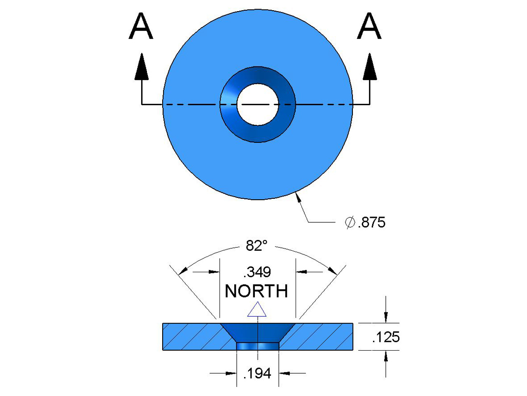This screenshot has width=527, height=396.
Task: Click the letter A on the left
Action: [141, 26]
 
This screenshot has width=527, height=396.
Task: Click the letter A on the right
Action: [369, 26]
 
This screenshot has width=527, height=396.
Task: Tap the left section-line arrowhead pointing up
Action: [142, 67]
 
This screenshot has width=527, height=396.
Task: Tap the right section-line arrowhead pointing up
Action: [370, 67]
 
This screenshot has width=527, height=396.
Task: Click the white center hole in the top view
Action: [257, 105]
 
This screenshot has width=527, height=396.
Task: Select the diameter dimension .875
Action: [371, 223]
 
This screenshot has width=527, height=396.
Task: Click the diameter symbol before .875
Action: [350, 223]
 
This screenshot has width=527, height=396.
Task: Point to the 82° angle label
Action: [257, 246]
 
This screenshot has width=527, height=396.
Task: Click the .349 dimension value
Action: [257, 272]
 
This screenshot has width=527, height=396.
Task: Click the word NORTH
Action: [257, 291]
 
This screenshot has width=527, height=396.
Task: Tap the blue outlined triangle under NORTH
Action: [257, 310]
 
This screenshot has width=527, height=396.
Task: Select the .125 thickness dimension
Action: [386, 337]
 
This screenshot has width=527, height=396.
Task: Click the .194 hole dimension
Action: [257, 374]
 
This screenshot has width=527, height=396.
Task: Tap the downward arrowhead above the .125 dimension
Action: [385, 316]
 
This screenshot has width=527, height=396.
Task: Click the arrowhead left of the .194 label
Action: [231, 374]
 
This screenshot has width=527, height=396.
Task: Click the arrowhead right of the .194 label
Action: [284, 374]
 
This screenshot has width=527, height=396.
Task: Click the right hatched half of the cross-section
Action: [321, 337]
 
